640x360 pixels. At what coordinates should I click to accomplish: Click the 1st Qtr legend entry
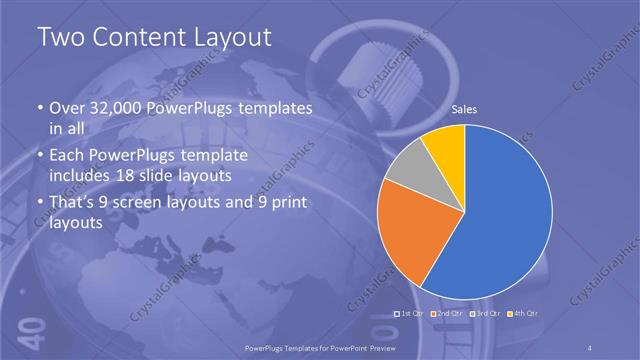pos(411,314)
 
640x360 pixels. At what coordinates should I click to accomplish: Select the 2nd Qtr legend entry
pos(449,314)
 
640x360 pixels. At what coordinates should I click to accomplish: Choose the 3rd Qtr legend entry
pos(487,314)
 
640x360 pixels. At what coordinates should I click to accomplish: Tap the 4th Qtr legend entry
pos(525,314)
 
